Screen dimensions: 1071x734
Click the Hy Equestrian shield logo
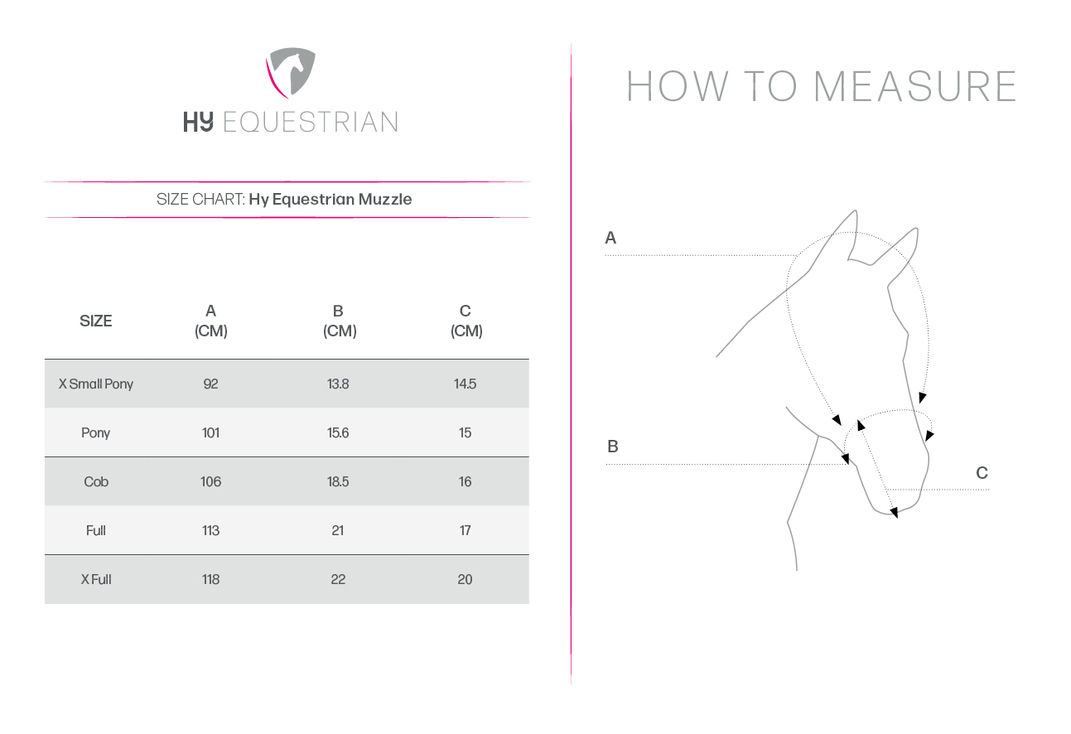tap(290, 73)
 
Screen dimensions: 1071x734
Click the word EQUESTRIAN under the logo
tap(311, 122)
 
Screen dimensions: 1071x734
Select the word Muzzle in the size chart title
tap(385, 199)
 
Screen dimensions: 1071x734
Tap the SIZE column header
tap(95, 321)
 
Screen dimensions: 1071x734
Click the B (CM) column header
tap(340, 321)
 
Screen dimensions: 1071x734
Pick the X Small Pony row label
tap(95, 384)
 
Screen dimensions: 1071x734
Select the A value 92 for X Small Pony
tap(211, 384)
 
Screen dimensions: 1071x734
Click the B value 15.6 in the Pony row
tap(338, 432)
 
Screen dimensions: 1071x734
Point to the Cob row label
tap(96, 481)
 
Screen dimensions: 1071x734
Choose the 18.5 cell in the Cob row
tap(338, 481)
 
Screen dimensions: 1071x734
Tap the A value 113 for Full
tap(211, 530)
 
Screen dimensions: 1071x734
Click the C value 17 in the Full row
tap(466, 530)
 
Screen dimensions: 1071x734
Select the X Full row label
tap(96, 580)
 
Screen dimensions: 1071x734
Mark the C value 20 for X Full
tap(466, 580)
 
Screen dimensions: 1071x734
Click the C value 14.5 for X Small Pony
tap(466, 384)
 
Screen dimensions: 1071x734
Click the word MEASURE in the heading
tap(914, 86)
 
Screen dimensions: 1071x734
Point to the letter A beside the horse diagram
tap(610, 238)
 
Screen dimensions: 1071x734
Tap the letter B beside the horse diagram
tap(613, 447)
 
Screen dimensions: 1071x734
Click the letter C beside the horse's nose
tap(982, 473)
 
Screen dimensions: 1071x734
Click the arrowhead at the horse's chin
tap(894, 513)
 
